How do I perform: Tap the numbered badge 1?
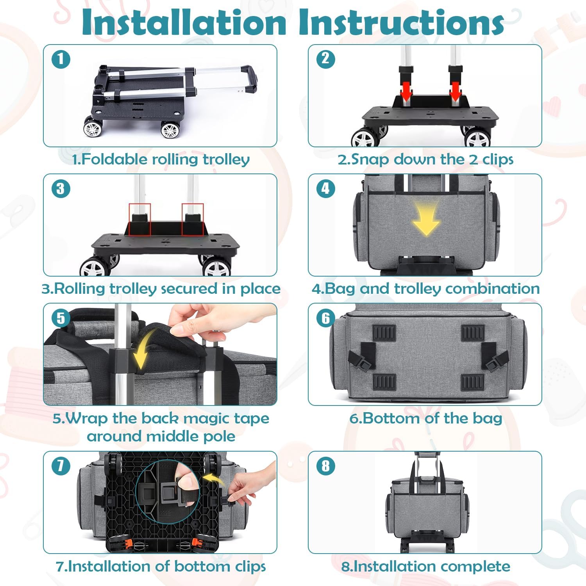61,59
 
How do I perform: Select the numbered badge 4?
325,189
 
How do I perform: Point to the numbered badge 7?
61,466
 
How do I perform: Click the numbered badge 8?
325,466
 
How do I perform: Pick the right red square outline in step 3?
193,219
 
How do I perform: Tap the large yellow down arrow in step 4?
426,221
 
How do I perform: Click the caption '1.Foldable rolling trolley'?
161,159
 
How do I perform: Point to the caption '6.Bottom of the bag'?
425,418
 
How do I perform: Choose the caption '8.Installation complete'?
425,566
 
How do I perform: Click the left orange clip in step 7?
117,543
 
